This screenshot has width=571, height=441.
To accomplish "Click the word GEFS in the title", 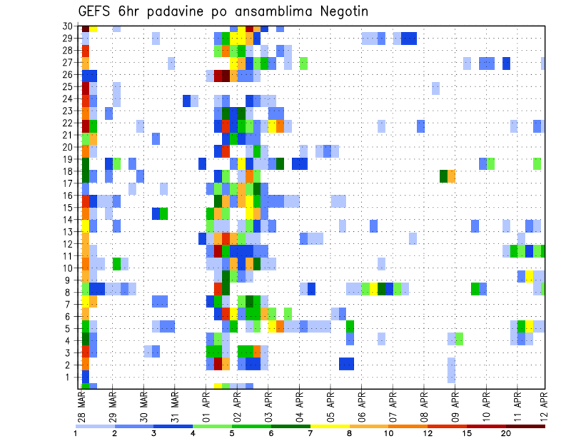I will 95,12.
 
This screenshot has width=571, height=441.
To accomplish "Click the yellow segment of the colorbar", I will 330,426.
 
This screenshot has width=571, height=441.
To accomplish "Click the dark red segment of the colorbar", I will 526,426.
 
